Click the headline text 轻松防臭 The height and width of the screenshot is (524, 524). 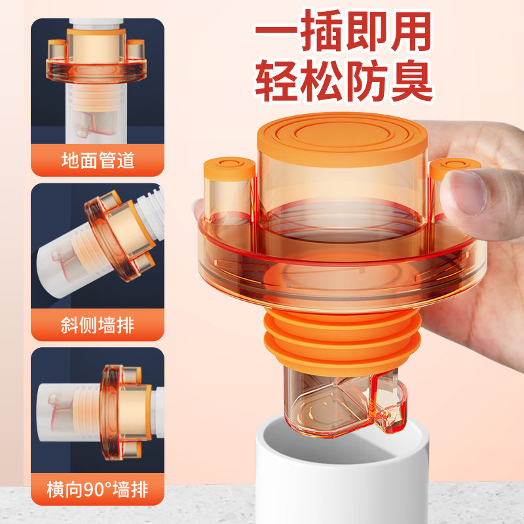point(343,83)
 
